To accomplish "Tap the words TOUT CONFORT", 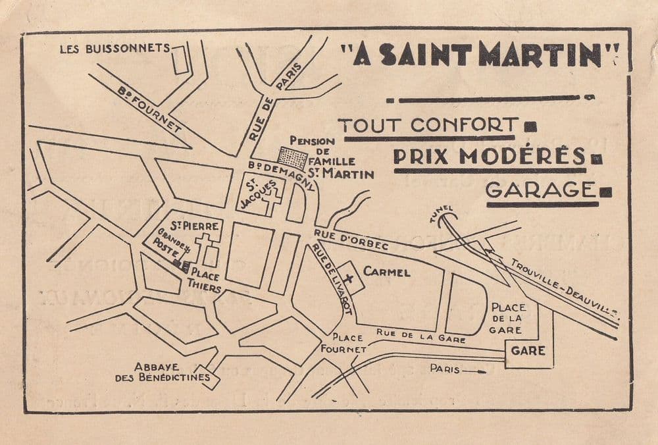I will point(428,124).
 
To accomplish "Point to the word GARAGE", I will point(539,189).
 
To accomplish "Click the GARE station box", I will point(528,351).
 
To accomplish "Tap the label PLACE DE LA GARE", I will point(509,318).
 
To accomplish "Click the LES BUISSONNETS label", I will point(114,48).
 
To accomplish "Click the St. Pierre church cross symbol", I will point(205,247).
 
